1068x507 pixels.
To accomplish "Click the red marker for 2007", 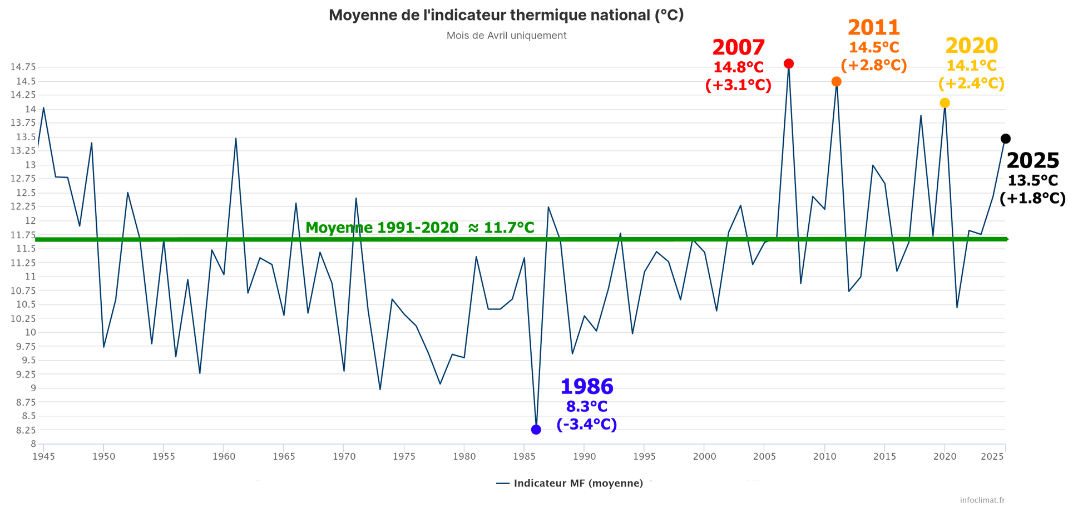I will click(x=788, y=64).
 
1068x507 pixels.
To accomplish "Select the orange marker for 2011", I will click(x=836, y=82).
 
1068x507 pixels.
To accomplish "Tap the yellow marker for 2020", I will click(x=945, y=103).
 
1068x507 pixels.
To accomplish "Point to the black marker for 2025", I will click(x=1005, y=139).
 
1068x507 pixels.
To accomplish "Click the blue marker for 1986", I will click(x=536, y=430).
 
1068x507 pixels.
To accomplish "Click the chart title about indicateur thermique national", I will click(x=506, y=15).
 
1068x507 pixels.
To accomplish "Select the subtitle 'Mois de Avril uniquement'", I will click(x=506, y=36).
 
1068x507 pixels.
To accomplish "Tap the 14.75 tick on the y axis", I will click(x=23, y=67).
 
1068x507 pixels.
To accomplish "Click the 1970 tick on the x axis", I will click(x=344, y=457).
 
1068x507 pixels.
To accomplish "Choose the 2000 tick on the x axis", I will click(x=704, y=457).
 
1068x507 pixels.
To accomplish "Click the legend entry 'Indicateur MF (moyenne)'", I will click(x=577, y=484).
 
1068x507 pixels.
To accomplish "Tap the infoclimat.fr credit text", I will click(x=982, y=500).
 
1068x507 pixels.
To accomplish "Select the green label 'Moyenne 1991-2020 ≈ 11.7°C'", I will click(x=420, y=228).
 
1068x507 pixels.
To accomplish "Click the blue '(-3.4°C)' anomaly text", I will click(x=586, y=424).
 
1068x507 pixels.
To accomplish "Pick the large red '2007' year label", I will click(x=738, y=48).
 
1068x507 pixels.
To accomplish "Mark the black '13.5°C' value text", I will click(x=1032, y=180).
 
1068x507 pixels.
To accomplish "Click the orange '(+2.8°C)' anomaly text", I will click(x=873, y=66).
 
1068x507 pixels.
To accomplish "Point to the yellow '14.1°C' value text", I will click(x=971, y=66).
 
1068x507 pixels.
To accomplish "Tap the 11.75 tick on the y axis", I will click(x=23, y=235).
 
